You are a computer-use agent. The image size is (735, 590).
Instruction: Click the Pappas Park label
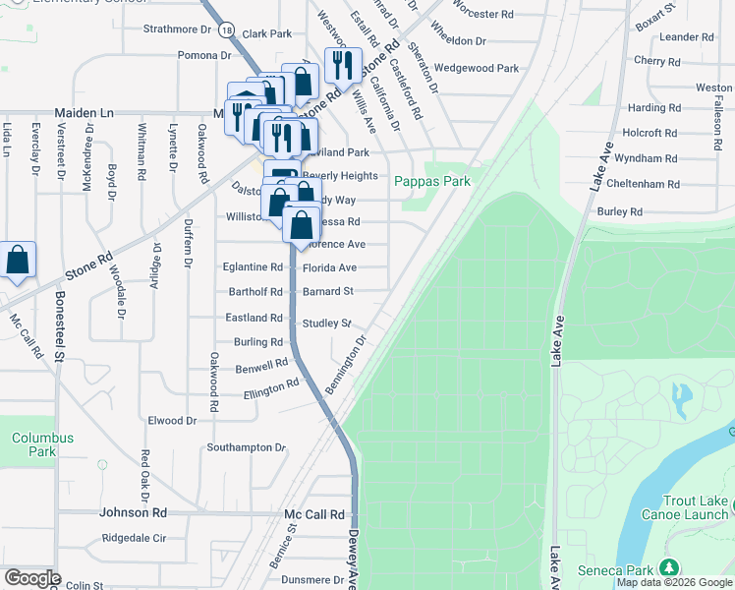point(432,181)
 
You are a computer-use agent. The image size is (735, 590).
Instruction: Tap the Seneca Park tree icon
point(669,567)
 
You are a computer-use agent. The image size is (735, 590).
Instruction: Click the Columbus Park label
point(42,444)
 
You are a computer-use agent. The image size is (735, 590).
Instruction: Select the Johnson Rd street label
point(134,512)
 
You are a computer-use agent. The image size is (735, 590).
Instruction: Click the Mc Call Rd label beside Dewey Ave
point(314,514)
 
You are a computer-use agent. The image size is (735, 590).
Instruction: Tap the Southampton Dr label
point(246,447)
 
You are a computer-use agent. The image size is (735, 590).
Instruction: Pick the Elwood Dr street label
point(172,421)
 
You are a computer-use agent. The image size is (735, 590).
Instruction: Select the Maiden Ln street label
point(85,113)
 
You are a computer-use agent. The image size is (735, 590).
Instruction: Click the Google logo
point(32,578)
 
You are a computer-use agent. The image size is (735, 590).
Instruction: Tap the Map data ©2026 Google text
point(674,583)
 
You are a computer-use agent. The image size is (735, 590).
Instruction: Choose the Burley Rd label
point(619,211)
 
